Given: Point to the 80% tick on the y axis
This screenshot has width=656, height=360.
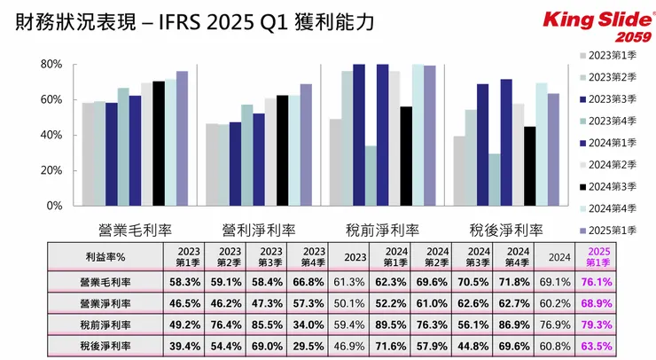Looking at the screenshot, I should [x=50, y=65].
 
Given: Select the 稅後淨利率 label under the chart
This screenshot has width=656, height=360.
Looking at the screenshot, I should [x=505, y=228].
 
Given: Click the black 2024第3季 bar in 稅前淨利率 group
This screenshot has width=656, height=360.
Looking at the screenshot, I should [x=406, y=156].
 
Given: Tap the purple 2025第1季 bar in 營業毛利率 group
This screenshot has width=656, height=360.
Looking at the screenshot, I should [x=182, y=138].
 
